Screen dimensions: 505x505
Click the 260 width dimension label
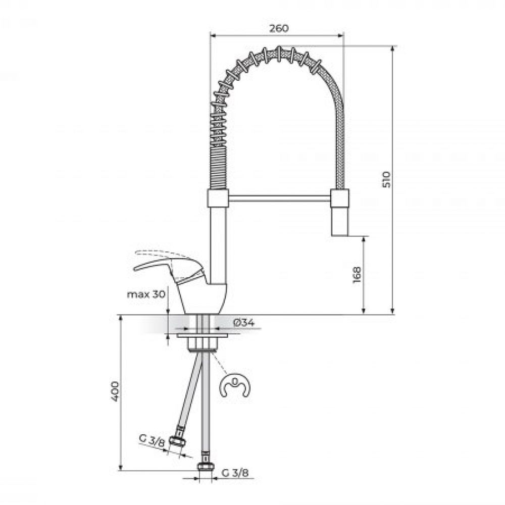click(x=279, y=28)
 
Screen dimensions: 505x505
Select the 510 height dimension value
click(x=386, y=180)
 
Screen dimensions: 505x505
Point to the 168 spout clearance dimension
click(x=357, y=275)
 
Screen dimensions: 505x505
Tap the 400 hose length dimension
click(x=115, y=391)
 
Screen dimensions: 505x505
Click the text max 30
click(x=146, y=294)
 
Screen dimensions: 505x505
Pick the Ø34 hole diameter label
click(x=244, y=322)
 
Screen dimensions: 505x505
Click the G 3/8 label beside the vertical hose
click(x=235, y=473)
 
